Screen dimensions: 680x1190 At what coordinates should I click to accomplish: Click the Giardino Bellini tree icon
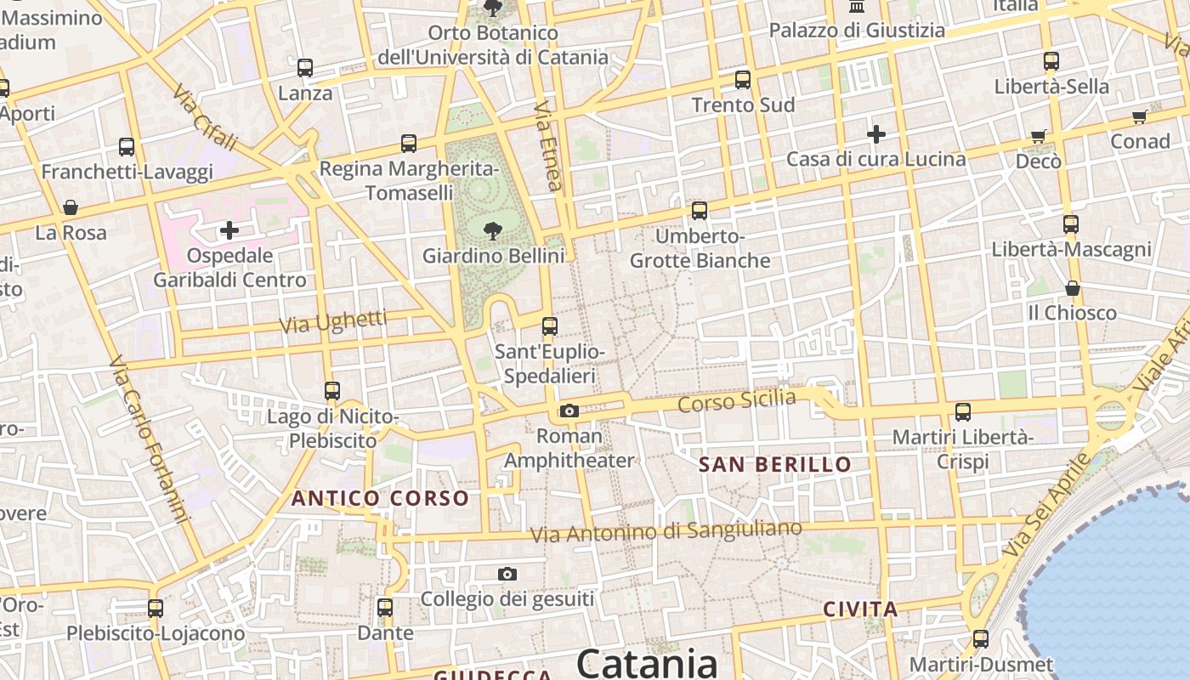(x=492, y=229)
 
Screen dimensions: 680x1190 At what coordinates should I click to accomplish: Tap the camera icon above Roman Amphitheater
(x=569, y=411)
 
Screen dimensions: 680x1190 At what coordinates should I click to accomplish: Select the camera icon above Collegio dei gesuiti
(x=507, y=575)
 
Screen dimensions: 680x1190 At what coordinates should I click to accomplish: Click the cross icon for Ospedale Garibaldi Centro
(x=229, y=229)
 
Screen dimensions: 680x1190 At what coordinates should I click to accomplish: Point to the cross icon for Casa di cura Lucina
(x=876, y=134)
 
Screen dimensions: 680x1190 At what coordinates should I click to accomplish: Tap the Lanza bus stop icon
(x=305, y=68)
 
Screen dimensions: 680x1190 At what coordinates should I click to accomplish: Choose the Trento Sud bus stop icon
(x=743, y=80)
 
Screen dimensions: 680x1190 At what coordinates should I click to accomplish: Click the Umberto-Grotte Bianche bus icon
(x=700, y=211)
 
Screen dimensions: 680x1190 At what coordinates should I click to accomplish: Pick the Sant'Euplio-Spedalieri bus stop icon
(x=550, y=326)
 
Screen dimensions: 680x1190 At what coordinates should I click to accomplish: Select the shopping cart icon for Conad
(x=1139, y=117)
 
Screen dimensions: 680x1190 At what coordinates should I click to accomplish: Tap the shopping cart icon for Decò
(x=1038, y=136)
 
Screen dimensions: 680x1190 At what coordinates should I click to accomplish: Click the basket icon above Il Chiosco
(x=1072, y=288)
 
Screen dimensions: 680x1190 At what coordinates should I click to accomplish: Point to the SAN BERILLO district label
(x=774, y=464)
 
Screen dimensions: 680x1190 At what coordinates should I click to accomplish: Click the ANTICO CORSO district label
(x=380, y=498)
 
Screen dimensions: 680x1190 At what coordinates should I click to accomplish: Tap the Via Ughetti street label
(x=333, y=322)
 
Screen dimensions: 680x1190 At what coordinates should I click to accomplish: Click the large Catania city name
(x=648, y=663)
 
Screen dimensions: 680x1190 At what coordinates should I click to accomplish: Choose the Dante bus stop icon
(x=385, y=608)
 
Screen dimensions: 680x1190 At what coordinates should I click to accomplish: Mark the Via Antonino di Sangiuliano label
(x=666, y=531)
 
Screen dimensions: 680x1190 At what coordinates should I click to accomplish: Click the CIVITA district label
(x=860, y=609)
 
